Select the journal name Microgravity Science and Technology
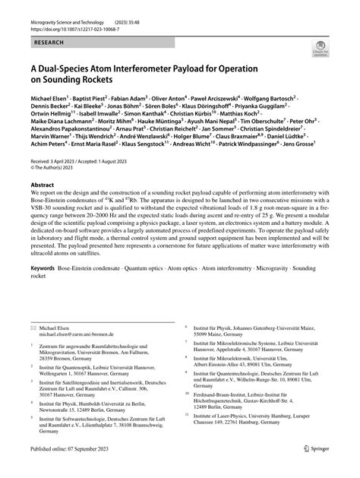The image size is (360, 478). [x=74, y=23]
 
